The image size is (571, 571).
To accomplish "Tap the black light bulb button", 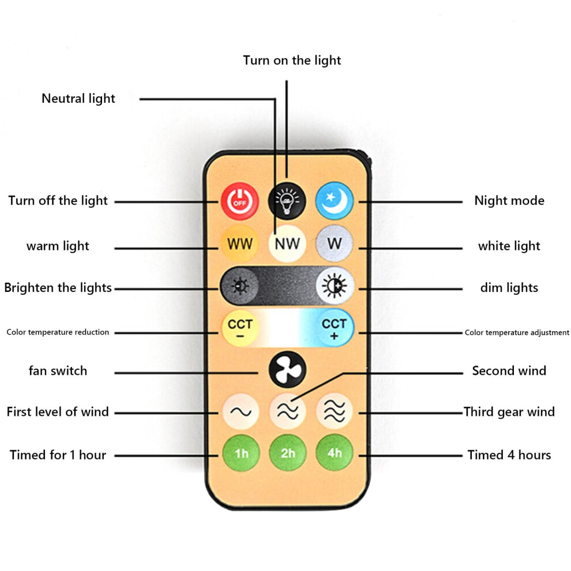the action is tap(287, 201).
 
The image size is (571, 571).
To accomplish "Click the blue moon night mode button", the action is tap(335, 201).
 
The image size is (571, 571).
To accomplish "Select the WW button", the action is tap(239, 243).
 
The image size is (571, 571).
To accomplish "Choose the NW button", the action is tap(287, 243).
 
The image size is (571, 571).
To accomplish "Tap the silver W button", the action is tap(335, 243).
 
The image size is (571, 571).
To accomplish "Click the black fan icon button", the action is tap(287, 370).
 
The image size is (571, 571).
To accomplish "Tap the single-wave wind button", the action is tap(241, 411).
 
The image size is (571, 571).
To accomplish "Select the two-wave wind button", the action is tap(288, 411).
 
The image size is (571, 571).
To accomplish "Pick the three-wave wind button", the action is tap(335, 411).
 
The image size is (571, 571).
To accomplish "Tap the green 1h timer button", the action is tap(241, 453).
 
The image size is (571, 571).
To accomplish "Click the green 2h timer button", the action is tap(288, 453).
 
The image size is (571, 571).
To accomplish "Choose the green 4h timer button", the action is tap(335, 453).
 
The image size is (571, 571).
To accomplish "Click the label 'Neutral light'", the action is tap(78, 99).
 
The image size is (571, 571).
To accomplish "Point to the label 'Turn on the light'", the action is tap(292, 61).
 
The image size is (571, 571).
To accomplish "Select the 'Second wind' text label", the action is tap(509, 371).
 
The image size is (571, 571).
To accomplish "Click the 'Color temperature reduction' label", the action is tap(58, 332).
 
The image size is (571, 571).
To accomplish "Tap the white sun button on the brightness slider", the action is tap(335, 286).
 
